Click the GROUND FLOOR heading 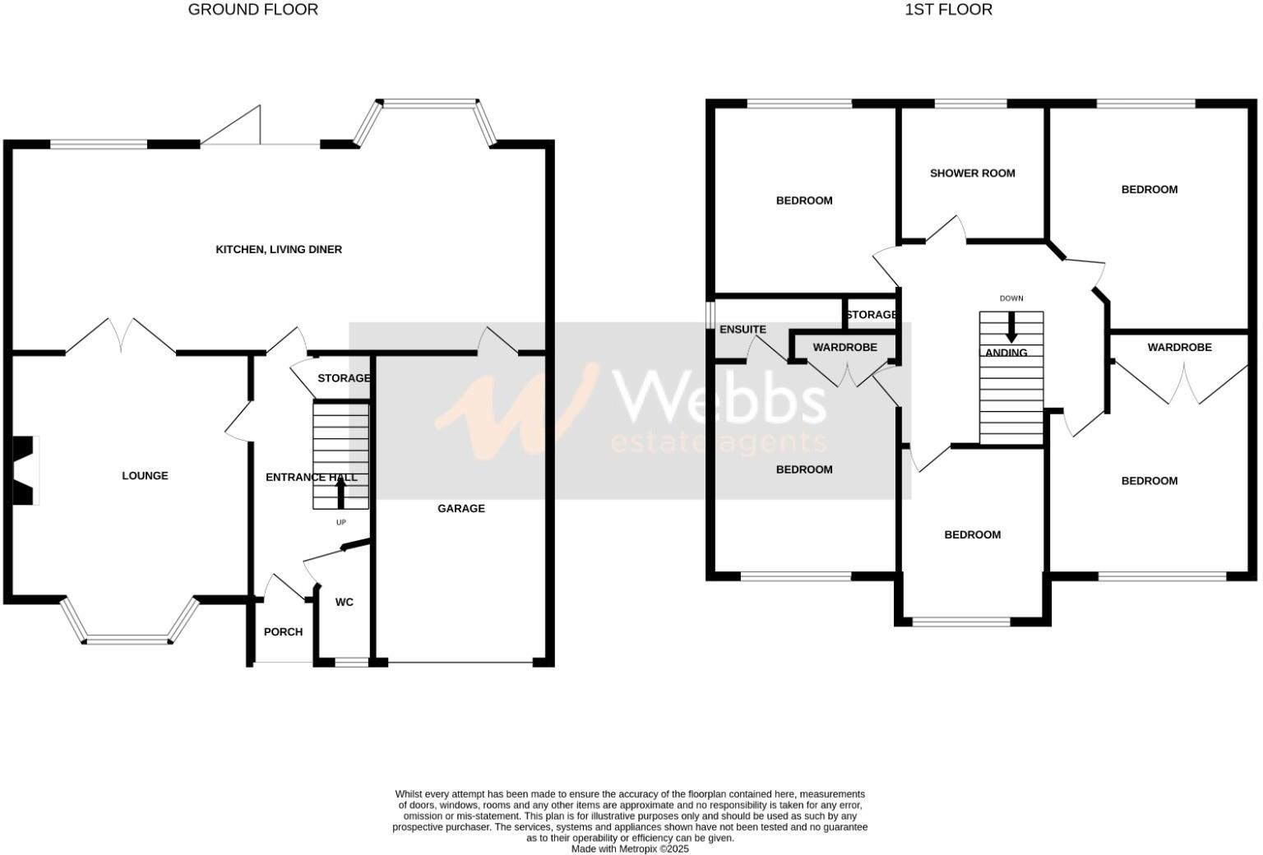(252, 10)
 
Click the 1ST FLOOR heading (948, 10)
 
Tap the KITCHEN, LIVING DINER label (279, 249)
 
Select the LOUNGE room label (145, 475)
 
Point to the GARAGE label (460, 508)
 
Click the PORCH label (283, 631)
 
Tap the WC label (344, 602)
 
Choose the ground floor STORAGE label (344, 378)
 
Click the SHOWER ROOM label (972, 173)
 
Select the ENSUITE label (743, 329)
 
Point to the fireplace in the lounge (25, 469)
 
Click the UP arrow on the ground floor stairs (341, 492)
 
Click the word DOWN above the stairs (1011, 298)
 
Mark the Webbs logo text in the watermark (720, 399)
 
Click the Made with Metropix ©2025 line (630, 848)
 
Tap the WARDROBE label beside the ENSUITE (844, 347)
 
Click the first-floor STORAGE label (871, 314)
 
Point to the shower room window (971, 104)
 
